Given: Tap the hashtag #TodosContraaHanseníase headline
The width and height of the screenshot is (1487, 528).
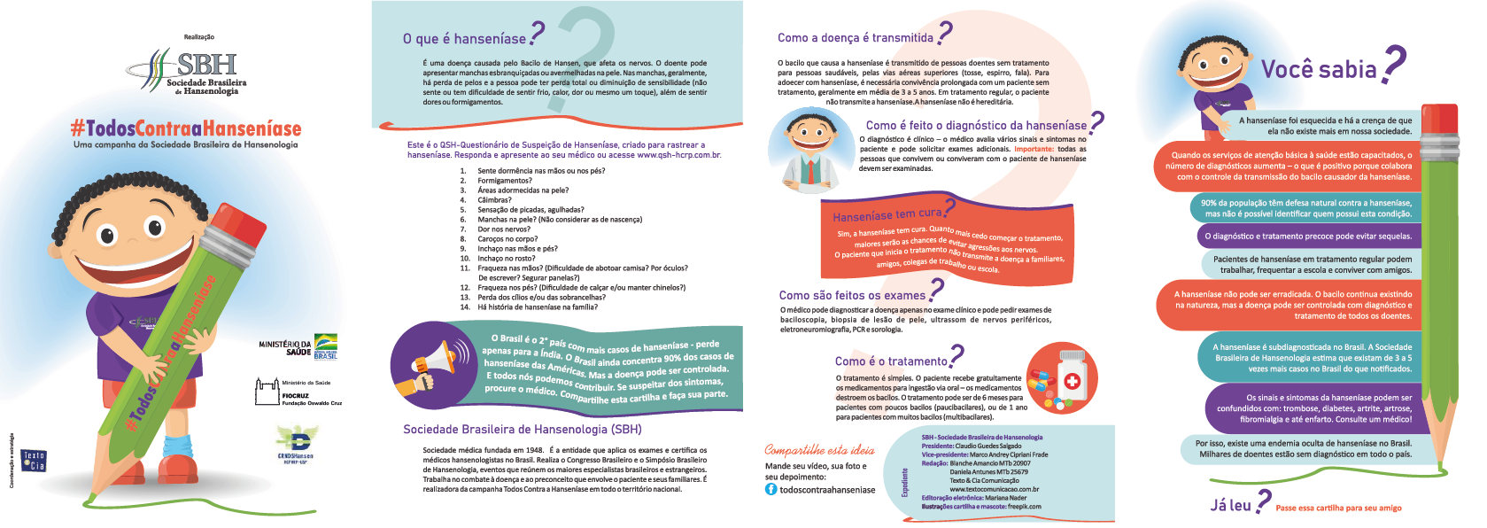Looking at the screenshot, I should (186, 128).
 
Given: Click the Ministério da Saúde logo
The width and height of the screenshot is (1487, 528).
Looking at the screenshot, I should (298, 346).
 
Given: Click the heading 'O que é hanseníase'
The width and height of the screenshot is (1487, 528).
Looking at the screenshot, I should (464, 38).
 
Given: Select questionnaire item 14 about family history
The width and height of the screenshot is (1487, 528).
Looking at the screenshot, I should (537, 307).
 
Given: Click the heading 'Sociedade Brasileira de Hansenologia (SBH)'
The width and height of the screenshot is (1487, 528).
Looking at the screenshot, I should (522, 429).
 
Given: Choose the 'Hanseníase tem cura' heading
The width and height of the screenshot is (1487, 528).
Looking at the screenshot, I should (887, 214).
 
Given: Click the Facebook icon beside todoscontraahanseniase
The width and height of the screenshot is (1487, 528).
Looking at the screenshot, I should (771, 489).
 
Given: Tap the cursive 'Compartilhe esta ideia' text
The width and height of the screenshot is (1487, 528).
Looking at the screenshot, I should (819, 450).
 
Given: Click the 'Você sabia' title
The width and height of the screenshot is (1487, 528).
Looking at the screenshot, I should (1319, 69).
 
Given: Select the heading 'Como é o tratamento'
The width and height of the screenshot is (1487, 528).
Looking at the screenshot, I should (891, 361).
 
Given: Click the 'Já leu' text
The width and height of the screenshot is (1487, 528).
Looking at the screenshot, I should (1230, 505).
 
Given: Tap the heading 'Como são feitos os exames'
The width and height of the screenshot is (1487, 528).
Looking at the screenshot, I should (852, 295).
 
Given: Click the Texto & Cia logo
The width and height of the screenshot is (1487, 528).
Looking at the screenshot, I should (34, 461).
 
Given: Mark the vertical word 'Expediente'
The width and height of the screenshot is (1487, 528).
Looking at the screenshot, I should (905, 482).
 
